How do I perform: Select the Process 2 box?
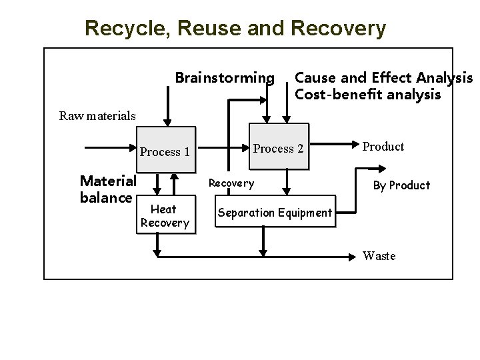click(279, 148)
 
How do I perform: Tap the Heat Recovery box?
click(163, 216)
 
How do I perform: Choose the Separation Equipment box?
click(274, 213)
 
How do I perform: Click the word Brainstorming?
click(224, 79)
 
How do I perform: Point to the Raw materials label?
click(97, 115)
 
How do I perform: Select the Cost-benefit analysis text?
click(367, 95)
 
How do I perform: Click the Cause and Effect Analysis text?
click(383, 79)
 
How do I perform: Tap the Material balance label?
click(108, 189)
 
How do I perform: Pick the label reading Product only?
click(383, 147)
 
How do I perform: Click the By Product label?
click(401, 185)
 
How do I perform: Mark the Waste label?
click(379, 256)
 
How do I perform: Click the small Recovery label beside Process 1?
click(231, 183)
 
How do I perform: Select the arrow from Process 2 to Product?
click(333, 143)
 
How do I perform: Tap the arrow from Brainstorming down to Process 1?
click(167, 107)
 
